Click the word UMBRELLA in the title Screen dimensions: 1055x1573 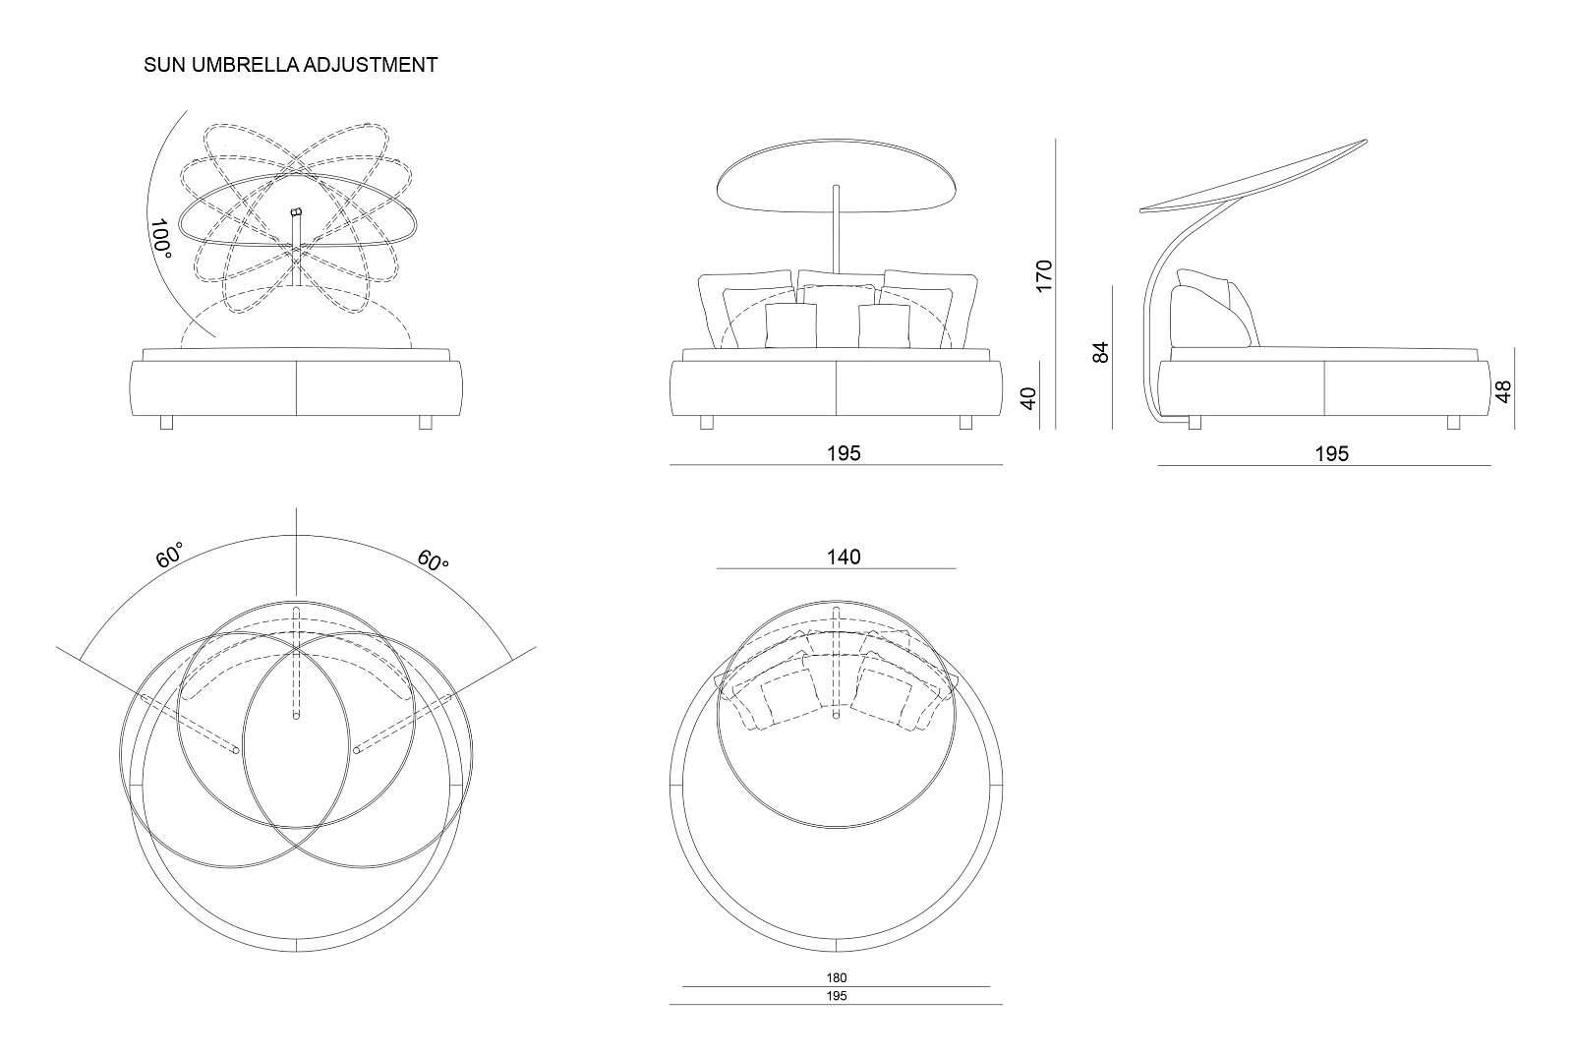[251, 65]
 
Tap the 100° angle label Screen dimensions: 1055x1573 [161, 239]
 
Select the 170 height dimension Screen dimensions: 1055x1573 [1044, 274]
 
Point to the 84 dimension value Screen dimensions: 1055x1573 [1102, 352]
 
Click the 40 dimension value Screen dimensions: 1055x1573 [1029, 398]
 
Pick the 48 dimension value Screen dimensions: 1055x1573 [1503, 392]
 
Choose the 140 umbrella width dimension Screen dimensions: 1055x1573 [844, 557]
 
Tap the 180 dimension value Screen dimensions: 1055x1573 [837, 978]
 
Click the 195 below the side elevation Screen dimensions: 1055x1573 [1332, 453]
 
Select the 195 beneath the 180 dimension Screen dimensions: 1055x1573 [837, 996]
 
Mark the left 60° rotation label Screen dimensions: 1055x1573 [170, 557]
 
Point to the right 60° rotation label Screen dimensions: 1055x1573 [433, 560]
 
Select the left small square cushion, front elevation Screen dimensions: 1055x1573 [790, 325]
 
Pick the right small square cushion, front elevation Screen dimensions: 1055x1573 [884, 325]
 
